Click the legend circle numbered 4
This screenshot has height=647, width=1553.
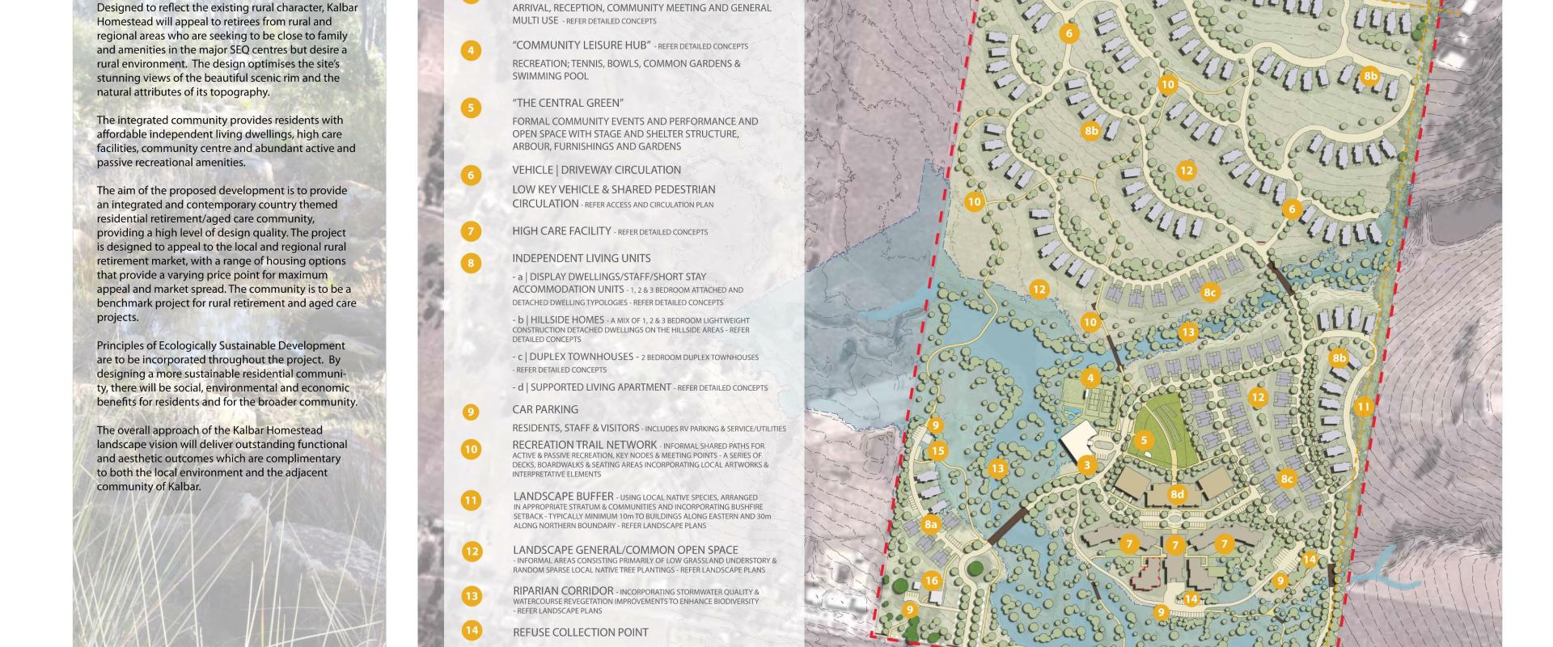tap(471, 50)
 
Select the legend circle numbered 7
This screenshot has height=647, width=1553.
tap(471, 231)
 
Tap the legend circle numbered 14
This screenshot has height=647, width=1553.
tap(471, 631)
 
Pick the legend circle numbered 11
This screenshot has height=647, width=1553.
tap(471, 501)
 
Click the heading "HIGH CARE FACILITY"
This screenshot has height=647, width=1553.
tap(561, 231)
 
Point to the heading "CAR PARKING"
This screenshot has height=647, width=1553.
tap(545, 410)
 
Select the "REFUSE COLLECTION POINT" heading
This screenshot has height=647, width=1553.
tap(581, 632)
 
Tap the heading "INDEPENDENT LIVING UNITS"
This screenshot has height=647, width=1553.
tap(581, 259)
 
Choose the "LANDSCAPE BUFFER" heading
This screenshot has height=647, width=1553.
tap(563, 497)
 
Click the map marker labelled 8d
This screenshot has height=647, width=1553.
tap(1177, 494)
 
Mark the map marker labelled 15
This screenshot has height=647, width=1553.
tap(937, 451)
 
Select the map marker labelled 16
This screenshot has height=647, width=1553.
tap(931, 581)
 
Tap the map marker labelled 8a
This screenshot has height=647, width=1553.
tap(931, 525)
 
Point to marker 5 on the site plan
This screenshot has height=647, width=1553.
tap(1143, 441)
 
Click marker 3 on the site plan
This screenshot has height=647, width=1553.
tap(1087, 465)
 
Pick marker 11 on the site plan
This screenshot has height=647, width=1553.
tap(1364, 407)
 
